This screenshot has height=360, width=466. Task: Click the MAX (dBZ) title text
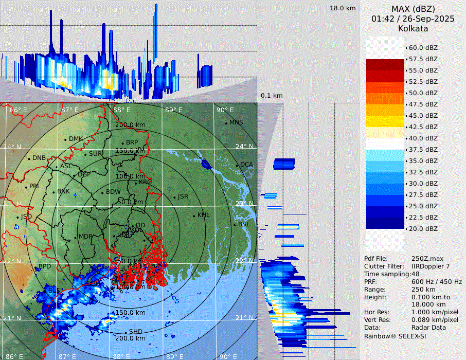[x=413, y=9]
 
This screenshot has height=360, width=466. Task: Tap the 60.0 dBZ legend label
[x=423, y=47]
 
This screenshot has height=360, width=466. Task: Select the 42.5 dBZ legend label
[x=423, y=127]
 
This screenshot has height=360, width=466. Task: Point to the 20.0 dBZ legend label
[x=423, y=228]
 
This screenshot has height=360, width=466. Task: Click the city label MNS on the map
[x=236, y=122]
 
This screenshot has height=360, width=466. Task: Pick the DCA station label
[x=247, y=165]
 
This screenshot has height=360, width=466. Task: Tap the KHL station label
[x=204, y=215]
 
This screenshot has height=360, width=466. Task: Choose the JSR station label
[x=183, y=196]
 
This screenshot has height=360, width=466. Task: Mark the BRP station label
[x=132, y=142]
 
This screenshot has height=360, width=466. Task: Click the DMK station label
[x=76, y=139]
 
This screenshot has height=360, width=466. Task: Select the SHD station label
[x=136, y=332]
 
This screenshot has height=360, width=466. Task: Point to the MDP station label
[x=85, y=237]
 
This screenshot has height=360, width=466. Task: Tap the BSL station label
[x=244, y=225]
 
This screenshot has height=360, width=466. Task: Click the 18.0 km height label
[x=343, y=8]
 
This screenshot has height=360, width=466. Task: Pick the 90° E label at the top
[x=225, y=110]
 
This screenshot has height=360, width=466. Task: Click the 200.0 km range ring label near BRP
[x=130, y=125]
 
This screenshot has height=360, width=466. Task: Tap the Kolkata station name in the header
[x=413, y=29]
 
